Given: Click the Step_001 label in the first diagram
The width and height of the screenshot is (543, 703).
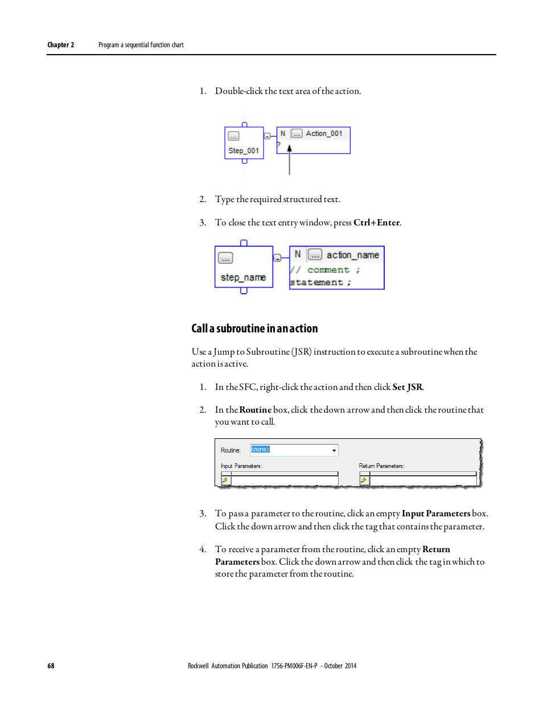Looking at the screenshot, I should [x=244, y=151].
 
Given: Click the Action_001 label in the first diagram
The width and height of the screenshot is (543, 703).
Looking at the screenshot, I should [x=324, y=134].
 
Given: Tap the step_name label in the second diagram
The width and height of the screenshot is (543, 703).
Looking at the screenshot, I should [x=243, y=277].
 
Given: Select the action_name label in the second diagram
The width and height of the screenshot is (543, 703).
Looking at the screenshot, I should [x=352, y=255].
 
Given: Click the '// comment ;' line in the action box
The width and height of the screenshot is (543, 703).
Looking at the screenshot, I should [x=326, y=270].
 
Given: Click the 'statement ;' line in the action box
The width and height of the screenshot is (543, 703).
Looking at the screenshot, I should [x=320, y=282].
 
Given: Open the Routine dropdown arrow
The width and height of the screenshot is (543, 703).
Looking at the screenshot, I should [x=334, y=450].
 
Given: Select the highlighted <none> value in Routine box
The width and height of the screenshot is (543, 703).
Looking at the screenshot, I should [x=261, y=450].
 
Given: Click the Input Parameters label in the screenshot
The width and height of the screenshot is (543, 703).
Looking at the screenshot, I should [x=241, y=466].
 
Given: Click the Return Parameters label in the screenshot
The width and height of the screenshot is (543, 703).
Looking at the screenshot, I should [x=381, y=466].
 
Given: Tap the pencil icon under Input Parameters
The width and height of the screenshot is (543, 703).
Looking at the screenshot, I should [x=225, y=480].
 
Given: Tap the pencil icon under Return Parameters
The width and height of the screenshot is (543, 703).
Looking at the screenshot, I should [x=364, y=480].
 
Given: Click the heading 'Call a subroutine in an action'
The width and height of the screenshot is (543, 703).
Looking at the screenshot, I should [x=254, y=328].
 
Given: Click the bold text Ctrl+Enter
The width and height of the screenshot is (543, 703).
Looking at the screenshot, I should [x=376, y=223].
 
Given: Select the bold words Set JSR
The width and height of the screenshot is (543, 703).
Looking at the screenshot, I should [x=407, y=387].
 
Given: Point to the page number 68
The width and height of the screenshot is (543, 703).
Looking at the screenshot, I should [x=51, y=666].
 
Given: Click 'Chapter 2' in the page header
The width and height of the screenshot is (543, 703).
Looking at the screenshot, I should [x=60, y=45].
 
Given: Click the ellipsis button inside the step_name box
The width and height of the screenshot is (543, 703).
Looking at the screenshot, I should [x=225, y=258].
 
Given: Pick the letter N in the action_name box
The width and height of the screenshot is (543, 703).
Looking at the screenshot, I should [x=298, y=254].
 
